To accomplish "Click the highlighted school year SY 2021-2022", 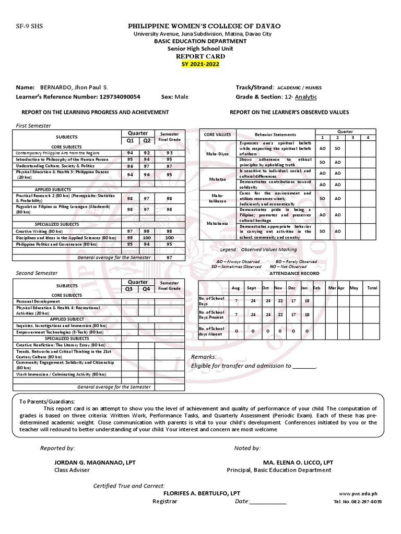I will click(x=200, y=64).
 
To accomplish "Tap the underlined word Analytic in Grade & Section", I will click(x=306, y=97).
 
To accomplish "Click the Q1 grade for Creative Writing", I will click(x=130, y=230).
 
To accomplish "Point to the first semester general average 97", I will click(x=169, y=258).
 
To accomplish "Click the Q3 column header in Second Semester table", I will click(x=130, y=289).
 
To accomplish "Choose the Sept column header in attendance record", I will click(x=252, y=288).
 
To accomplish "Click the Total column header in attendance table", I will click(x=372, y=288).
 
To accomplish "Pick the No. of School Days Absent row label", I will click(x=211, y=331).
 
